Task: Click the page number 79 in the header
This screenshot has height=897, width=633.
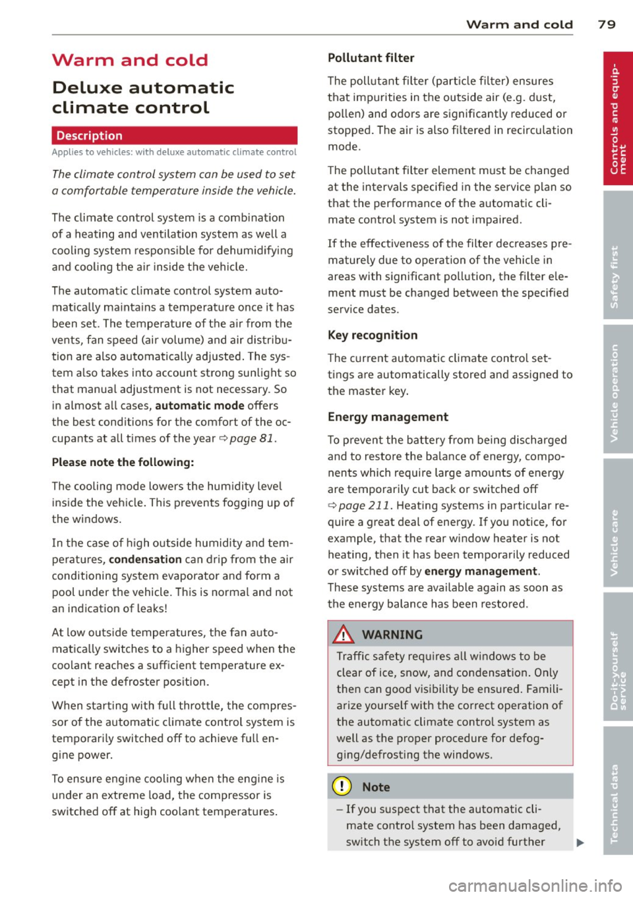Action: coord(607,24)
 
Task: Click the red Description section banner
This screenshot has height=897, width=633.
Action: coord(174,136)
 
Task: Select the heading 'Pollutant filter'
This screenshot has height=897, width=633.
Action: coord(371,58)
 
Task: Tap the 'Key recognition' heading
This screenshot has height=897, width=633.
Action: coord(373,335)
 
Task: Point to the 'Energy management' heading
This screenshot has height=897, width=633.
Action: coord(388,417)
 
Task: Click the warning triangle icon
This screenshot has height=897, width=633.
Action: coord(344,635)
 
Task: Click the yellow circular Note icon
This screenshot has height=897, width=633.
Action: coord(342,787)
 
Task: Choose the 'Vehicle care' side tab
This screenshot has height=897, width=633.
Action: coord(617,523)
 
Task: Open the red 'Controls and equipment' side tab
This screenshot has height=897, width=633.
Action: coord(617,119)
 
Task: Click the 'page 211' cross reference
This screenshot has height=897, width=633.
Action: coord(359,506)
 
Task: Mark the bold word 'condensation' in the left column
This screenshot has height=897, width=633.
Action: coord(145,560)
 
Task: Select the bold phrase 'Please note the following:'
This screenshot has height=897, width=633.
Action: coord(123,463)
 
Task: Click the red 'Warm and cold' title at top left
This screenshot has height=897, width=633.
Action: coord(130,60)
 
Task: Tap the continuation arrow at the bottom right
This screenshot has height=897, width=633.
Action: coord(580,842)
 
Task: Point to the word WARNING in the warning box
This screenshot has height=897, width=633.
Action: coord(392,635)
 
